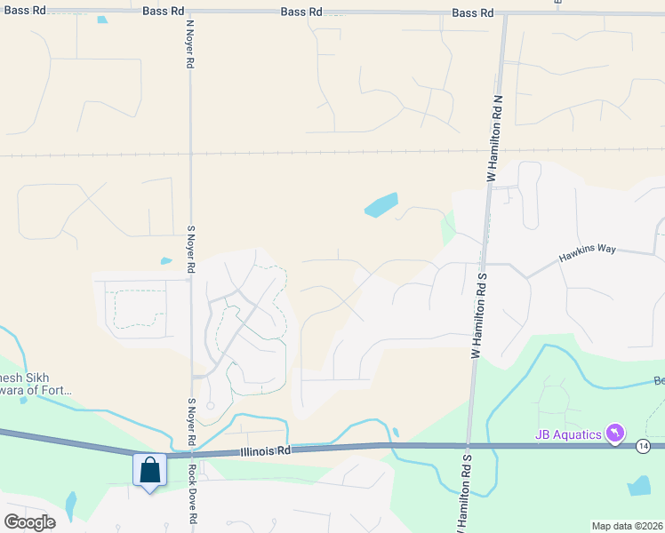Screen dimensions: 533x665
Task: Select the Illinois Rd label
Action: pyautogui.click(x=265, y=451)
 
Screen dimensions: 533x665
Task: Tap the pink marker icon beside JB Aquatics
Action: pyautogui.click(x=613, y=434)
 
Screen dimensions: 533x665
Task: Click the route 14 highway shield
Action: pyautogui.click(x=643, y=445)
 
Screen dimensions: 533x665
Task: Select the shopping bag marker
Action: pyautogui.click(x=149, y=469)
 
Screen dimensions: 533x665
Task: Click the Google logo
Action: pyautogui.click(x=29, y=522)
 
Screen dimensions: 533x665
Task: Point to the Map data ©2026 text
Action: pyautogui.click(x=628, y=526)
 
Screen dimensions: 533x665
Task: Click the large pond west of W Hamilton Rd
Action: pyautogui.click(x=381, y=206)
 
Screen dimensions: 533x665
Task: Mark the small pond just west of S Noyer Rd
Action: pyautogui.click(x=166, y=261)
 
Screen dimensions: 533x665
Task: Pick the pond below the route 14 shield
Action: pyautogui.click(x=639, y=485)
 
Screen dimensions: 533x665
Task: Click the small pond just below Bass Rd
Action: pyautogui.click(x=102, y=20)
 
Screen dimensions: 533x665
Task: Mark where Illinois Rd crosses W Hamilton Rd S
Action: pyautogui.click(x=468, y=446)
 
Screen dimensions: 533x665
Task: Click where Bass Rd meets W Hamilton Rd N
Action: pyautogui.click(x=503, y=13)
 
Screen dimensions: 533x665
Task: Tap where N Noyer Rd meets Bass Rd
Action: pyautogui.click(x=189, y=12)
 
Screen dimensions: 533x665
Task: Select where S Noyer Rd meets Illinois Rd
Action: pyautogui.click(x=192, y=453)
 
